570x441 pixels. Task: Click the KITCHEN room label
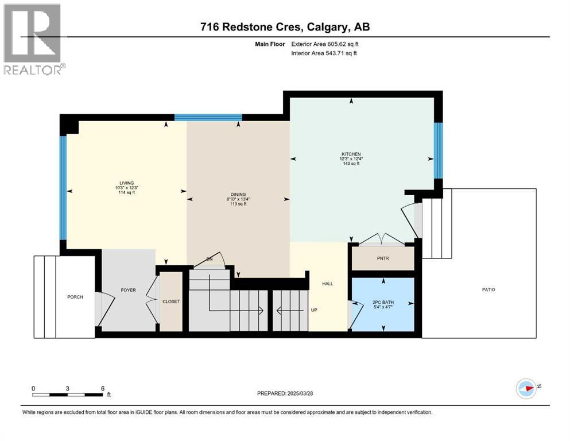pos(351,154)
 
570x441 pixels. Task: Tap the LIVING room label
pos(126,183)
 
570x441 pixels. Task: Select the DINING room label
pos(238,195)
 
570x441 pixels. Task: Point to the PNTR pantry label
pos(383,258)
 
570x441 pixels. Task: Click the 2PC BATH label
pos(383,302)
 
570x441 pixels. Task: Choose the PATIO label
pos(488,290)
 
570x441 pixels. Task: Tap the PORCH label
pos(75,297)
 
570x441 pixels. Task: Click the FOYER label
pos(129,290)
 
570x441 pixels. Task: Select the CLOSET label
pos(171,301)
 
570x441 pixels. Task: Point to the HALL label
pos(328,284)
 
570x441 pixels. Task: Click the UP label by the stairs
pos(314,310)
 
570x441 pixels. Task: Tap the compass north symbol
pos(527,388)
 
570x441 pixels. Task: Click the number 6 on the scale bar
pos(103,388)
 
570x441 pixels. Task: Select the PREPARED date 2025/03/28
pos(300,393)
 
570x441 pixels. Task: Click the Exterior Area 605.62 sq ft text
pos(325,44)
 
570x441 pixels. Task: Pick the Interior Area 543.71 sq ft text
pos(324,53)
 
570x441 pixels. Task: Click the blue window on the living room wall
pos(63,188)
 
